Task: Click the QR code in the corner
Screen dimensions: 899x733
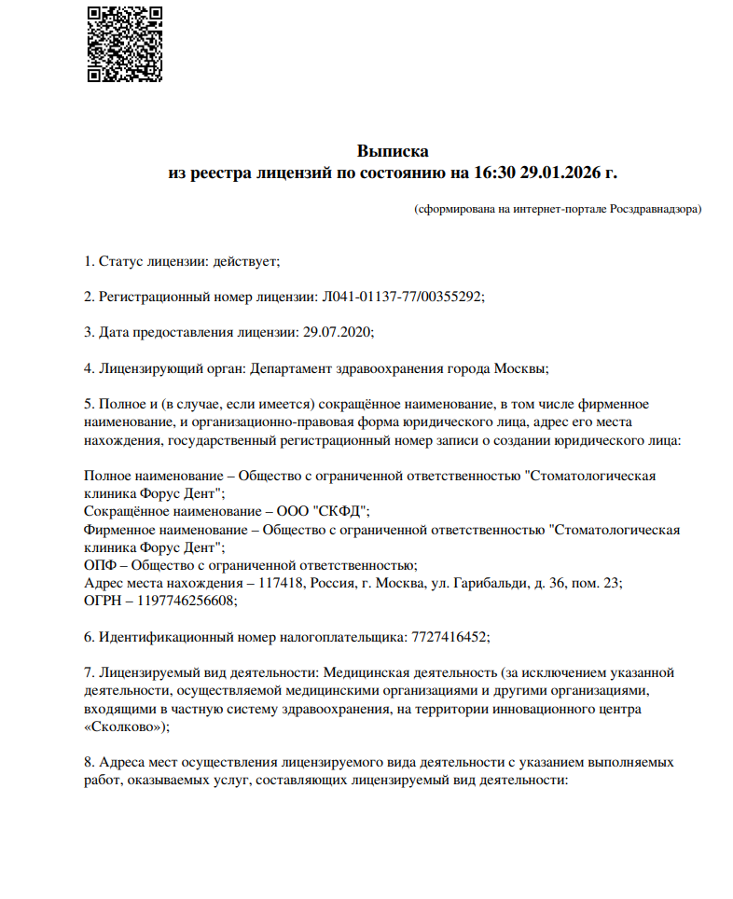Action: point(125,44)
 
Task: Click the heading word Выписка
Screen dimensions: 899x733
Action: point(393,151)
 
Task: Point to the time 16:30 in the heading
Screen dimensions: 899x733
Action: point(494,173)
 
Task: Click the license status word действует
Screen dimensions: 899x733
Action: point(245,261)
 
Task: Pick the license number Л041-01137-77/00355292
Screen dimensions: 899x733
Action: point(402,297)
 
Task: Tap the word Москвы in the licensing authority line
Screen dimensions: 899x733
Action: point(519,367)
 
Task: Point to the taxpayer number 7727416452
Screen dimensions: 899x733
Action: point(448,637)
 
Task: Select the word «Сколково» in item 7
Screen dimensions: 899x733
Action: point(124,726)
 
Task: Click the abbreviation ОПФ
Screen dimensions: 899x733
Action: point(101,565)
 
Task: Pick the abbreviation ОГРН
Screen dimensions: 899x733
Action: point(104,601)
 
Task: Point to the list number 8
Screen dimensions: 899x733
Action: point(88,762)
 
